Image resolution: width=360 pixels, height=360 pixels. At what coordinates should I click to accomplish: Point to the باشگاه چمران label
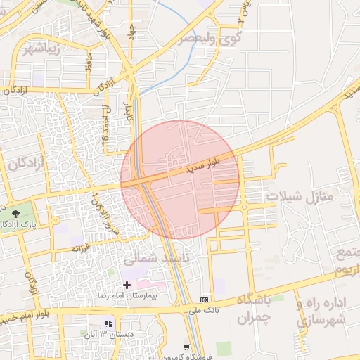[x=254, y=309]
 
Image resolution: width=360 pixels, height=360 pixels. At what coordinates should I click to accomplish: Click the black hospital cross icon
[x=127, y=285]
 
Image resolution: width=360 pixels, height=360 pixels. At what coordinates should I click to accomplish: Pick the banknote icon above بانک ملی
[x=205, y=297]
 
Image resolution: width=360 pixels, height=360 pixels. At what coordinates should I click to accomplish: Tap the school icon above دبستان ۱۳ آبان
[x=108, y=323]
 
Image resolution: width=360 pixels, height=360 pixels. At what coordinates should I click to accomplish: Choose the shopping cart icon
[x=186, y=347]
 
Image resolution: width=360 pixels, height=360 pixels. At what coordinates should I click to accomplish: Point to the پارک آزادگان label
[x=19, y=223]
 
